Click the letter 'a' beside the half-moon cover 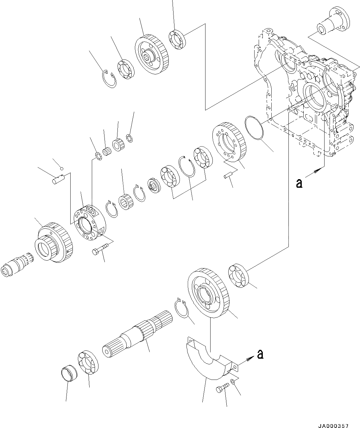pos(260,355)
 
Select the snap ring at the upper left pos(110,81)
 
